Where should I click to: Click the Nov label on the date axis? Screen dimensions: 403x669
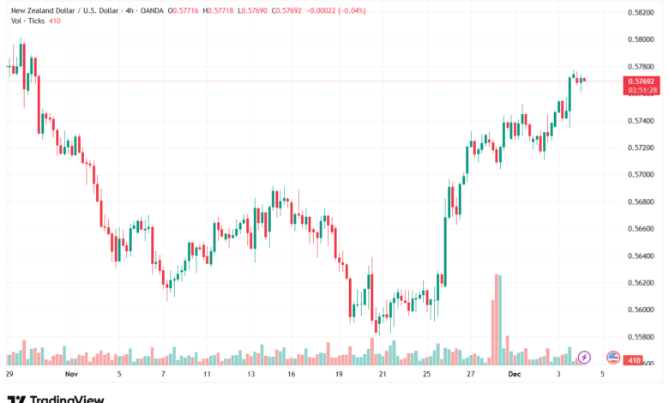[x=72, y=375]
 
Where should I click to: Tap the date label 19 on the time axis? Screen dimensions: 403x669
[x=340, y=375]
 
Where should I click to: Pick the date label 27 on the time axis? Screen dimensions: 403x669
[x=471, y=375]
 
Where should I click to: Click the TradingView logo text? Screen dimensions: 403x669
[x=66, y=398]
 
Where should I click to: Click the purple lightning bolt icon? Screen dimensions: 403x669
[x=584, y=357]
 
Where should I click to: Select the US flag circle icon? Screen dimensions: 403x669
[x=613, y=357]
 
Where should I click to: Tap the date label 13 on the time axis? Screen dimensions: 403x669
[x=250, y=375]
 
